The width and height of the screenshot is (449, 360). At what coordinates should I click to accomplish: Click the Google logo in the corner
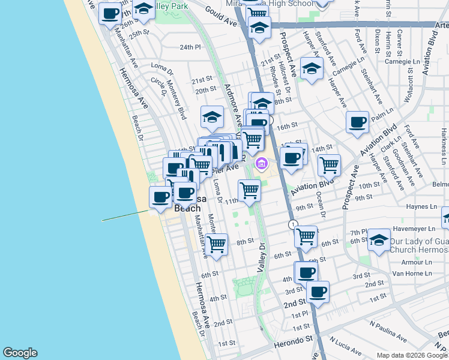(x=20, y=353)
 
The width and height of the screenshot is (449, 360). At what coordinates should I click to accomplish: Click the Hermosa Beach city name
(x=188, y=203)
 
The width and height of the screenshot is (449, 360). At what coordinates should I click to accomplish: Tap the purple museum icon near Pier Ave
(x=262, y=163)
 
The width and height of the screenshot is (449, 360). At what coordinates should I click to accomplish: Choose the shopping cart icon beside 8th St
(x=216, y=244)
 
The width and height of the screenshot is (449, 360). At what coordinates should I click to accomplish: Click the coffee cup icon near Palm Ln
(x=357, y=122)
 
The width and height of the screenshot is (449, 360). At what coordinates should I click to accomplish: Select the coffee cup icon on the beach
(x=161, y=197)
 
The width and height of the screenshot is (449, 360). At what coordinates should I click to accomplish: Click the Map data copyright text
(x=412, y=355)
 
